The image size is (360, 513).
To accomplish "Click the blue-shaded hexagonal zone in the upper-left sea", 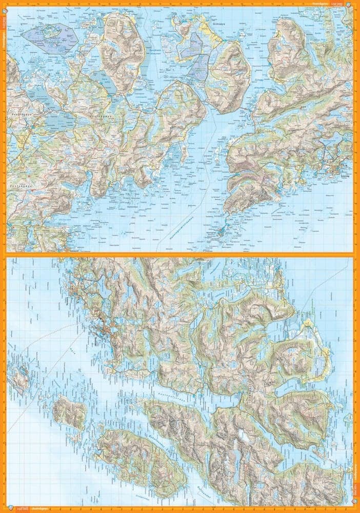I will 50,36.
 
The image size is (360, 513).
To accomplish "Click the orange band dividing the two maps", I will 179,254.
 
